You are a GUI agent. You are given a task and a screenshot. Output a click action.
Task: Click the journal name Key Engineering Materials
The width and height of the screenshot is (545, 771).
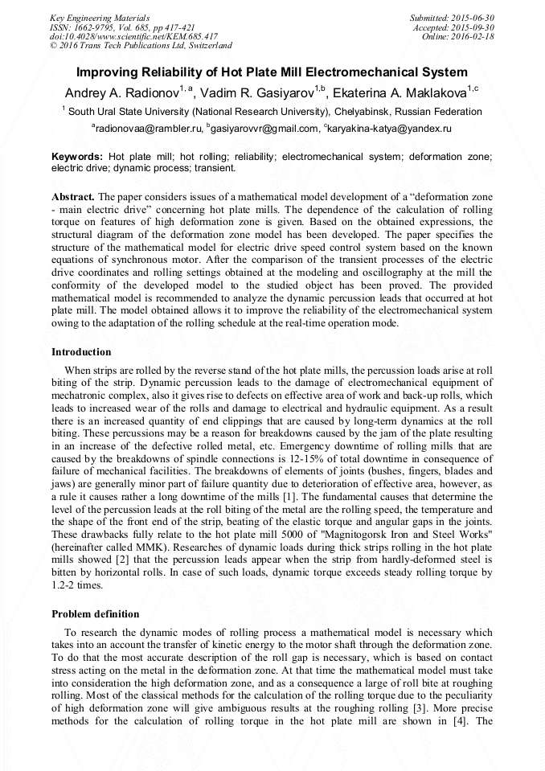pyautogui.click(x=99, y=17)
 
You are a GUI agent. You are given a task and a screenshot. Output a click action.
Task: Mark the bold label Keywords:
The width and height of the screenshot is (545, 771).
pyautogui.click(x=77, y=156)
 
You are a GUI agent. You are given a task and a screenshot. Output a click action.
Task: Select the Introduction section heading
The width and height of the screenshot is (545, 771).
pyautogui.click(x=81, y=352)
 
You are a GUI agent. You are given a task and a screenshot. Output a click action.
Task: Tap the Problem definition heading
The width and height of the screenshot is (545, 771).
pyautogui.click(x=95, y=613)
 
